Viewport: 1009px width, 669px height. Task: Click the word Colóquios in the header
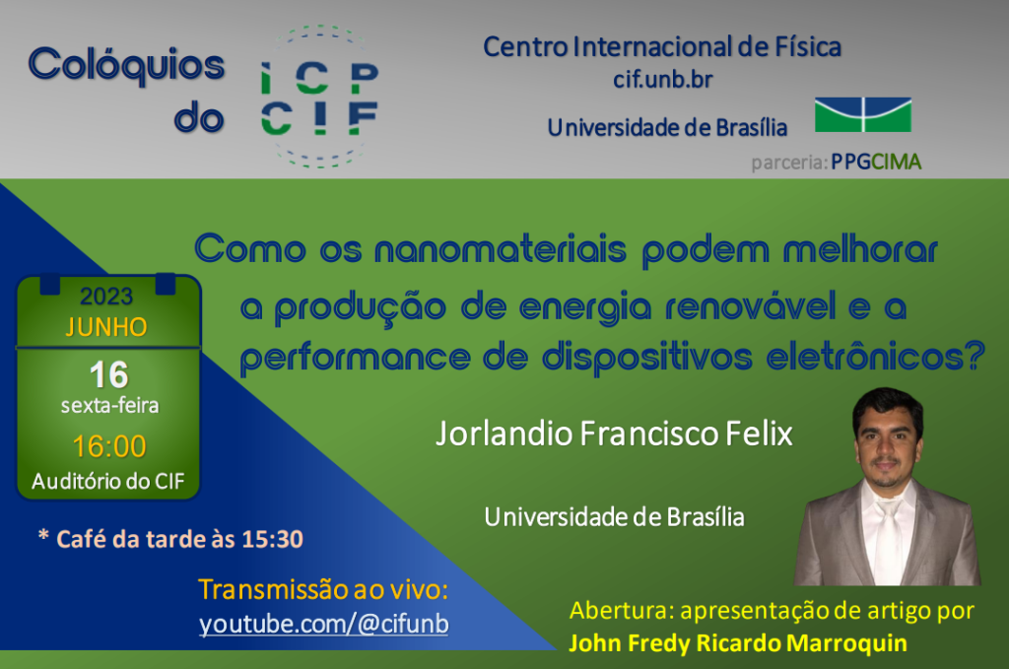[127, 65]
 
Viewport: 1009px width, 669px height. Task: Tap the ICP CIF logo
[320, 97]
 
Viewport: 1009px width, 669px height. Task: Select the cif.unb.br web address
[663, 79]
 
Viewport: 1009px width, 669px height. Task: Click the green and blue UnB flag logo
[863, 114]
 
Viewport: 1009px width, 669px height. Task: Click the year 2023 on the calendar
[106, 296]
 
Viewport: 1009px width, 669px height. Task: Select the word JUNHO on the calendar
[106, 327]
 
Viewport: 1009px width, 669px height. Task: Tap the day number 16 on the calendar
[108, 374]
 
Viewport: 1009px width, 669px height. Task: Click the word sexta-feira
[109, 406]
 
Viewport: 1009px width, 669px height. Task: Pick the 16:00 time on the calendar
[109, 446]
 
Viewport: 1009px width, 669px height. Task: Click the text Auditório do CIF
[108, 481]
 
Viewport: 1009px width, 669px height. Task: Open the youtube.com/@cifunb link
[323, 624]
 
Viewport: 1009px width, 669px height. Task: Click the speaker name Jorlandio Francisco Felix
[614, 434]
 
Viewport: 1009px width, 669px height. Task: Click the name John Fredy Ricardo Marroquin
[738, 642]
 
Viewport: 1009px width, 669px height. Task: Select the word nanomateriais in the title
[500, 249]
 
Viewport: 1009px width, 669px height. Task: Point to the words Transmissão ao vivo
[323, 589]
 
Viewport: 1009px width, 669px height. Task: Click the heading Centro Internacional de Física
[662, 47]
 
